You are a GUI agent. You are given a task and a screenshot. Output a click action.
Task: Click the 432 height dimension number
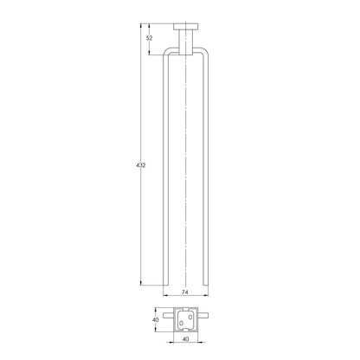point(141,165)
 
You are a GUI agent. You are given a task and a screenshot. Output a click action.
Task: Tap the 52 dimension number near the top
point(149,38)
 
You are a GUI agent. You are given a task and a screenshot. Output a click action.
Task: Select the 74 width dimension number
point(185,292)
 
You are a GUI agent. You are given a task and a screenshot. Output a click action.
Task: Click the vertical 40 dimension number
point(156,320)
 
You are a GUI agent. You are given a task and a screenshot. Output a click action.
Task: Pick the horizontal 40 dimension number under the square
point(186,339)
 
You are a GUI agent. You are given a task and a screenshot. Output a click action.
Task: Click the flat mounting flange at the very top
point(186,27)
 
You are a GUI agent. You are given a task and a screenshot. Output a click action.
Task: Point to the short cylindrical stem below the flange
point(186,42)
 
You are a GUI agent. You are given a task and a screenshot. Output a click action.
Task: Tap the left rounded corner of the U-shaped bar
point(167,51)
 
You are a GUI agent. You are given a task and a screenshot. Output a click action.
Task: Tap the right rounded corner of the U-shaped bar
point(205,51)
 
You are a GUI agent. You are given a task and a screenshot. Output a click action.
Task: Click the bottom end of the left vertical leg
point(165,285)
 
